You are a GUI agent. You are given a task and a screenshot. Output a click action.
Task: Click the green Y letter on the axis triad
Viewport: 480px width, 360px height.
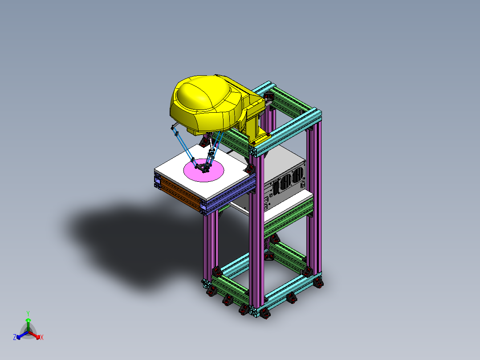coord(28,313)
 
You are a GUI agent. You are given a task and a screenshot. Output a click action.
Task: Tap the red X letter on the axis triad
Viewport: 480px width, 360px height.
coord(42,338)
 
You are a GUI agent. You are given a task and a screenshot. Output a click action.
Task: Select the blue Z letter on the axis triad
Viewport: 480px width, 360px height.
coord(15,338)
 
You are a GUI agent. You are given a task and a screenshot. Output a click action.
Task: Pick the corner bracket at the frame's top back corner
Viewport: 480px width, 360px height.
coord(268,96)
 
